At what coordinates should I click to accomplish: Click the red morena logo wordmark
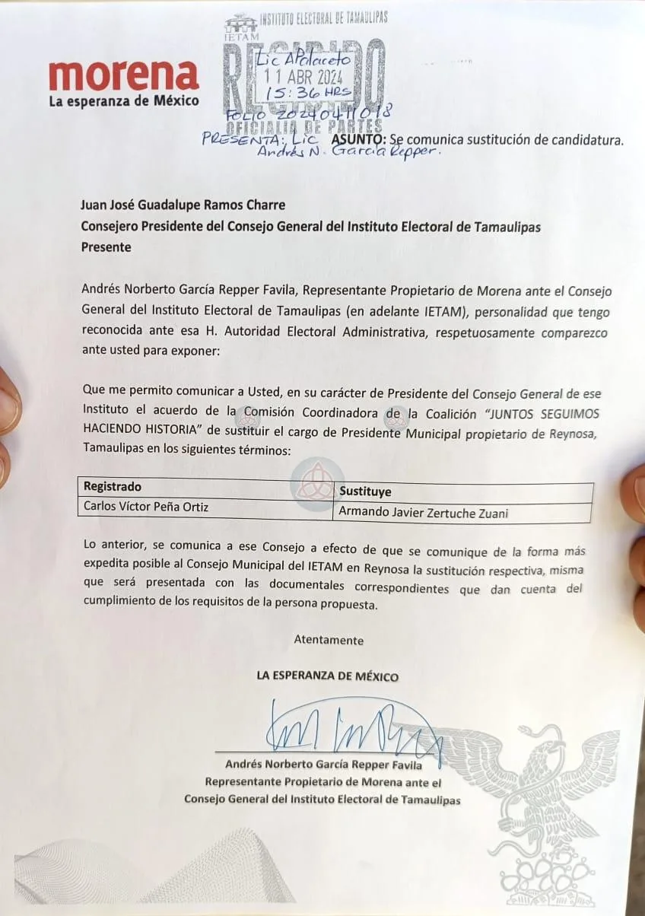tap(123, 75)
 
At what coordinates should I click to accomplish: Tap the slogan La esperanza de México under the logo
tap(123, 100)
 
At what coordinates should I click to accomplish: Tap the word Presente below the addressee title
tap(106, 247)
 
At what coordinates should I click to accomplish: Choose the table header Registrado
tap(113, 487)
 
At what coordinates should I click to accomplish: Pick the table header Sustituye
tap(365, 491)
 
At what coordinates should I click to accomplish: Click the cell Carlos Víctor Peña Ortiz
tap(146, 507)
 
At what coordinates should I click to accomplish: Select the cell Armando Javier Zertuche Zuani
tap(424, 513)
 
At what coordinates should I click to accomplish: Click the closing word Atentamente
tap(329, 640)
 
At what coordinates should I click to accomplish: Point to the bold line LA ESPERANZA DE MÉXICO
tap(327, 676)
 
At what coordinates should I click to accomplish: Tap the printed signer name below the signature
tap(323, 765)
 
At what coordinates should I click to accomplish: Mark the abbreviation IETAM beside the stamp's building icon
tap(242, 36)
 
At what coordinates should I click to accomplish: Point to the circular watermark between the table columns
tap(312, 485)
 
